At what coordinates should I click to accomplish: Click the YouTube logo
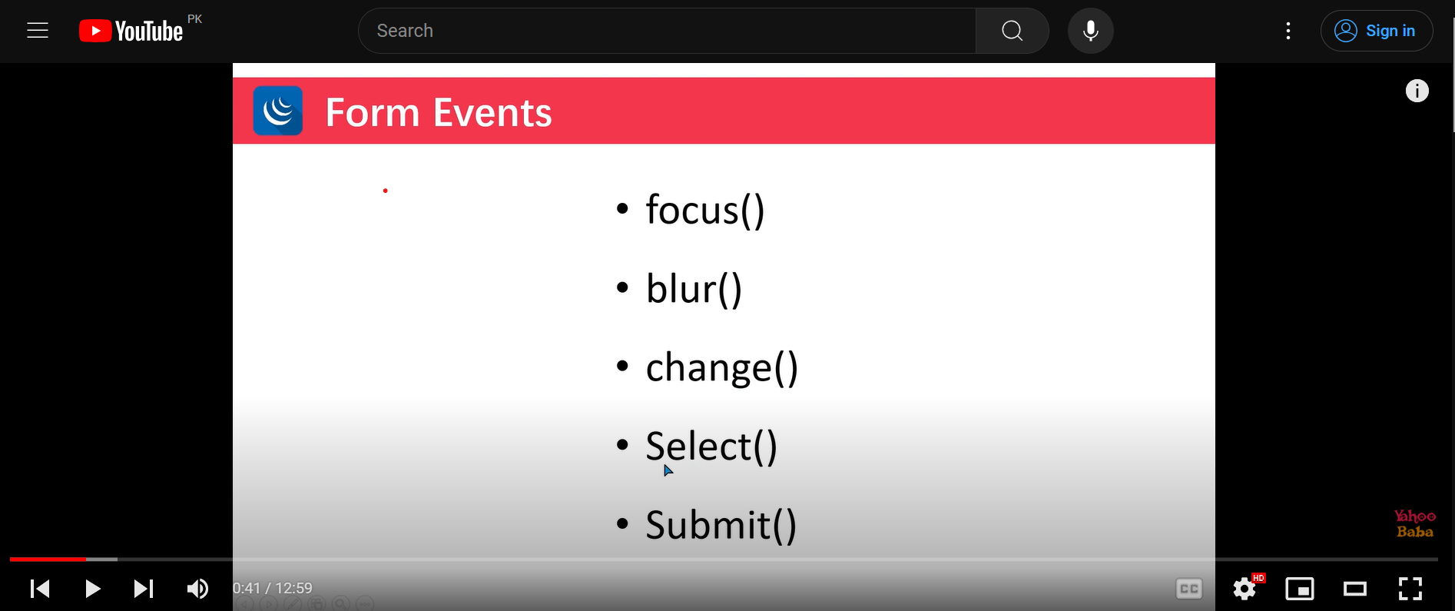click(131, 31)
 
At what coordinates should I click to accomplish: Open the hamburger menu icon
click(38, 31)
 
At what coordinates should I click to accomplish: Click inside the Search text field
click(667, 31)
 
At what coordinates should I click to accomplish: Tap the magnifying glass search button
click(1013, 31)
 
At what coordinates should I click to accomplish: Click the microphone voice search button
click(1090, 31)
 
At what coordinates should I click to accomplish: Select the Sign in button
click(1377, 31)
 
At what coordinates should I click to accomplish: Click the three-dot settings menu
click(1288, 31)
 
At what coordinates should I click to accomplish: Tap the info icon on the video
click(1417, 91)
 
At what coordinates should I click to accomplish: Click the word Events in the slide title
click(492, 113)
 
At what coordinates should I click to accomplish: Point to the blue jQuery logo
click(278, 111)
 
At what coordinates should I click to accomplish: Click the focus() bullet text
click(705, 210)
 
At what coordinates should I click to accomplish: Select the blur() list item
click(694, 289)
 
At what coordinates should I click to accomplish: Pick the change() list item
click(722, 368)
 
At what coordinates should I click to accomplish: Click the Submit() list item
click(721, 526)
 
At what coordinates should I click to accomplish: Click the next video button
click(144, 589)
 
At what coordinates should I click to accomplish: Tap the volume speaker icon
click(197, 589)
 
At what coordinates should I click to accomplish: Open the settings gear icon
click(1245, 589)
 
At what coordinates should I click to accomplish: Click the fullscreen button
click(1410, 589)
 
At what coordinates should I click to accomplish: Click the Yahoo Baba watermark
click(1415, 523)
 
